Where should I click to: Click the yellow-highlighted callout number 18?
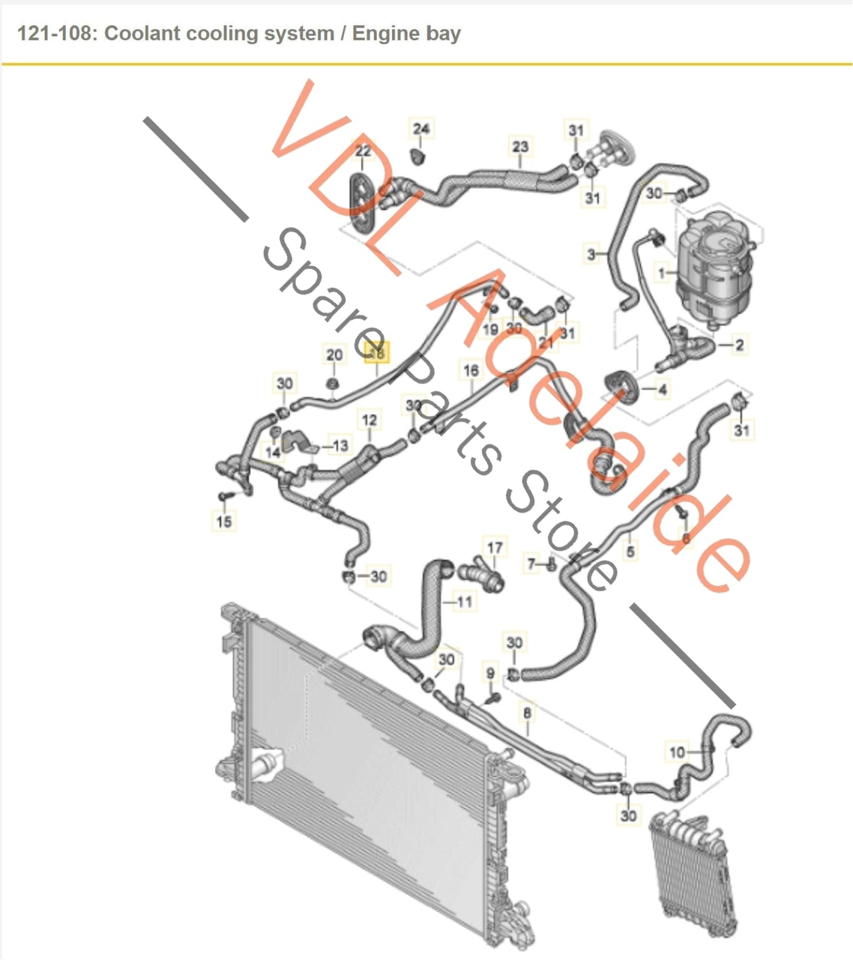377,353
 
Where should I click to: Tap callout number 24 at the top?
421,129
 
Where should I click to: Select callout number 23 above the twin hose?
519,146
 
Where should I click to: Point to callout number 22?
363,151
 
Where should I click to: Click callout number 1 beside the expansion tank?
662,273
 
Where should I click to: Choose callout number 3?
591,254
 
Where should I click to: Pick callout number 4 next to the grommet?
662,389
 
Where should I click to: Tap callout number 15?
224,521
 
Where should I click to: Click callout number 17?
495,548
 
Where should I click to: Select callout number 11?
465,602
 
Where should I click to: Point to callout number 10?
676,752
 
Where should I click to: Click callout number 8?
527,713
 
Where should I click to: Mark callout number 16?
470,371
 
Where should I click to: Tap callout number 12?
369,420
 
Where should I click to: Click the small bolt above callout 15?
224,495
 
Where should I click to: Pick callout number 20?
334,355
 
